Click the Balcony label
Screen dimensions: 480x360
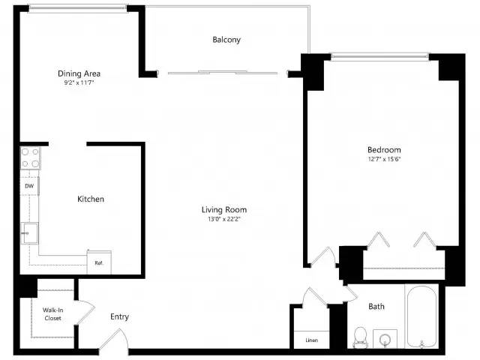[226, 40]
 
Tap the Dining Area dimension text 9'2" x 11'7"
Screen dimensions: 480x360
[79, 82]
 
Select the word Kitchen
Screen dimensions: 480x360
[91, 199]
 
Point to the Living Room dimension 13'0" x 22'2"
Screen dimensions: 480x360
[224, 219]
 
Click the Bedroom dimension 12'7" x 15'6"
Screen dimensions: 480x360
[384, 159]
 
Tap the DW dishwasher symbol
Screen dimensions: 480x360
[29, 186]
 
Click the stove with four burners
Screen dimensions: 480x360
[30, 158]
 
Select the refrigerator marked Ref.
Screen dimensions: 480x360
[99, 262]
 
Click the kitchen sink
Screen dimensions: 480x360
[30, 233]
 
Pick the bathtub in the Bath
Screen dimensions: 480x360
[421, 316]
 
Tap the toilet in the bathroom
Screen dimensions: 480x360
[360, 337]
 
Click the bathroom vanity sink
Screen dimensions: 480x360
[385, 339]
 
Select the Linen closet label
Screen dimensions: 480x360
[312, 340]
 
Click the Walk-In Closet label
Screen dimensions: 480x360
[53, 314]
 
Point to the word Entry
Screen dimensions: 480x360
[119, 316]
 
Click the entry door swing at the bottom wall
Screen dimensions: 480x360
[114, 339]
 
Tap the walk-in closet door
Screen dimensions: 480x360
[85, 312]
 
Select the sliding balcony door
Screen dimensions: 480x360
[223, 73]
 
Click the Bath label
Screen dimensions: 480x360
[376, 307]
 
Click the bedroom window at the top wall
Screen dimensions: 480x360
[379, 56]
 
